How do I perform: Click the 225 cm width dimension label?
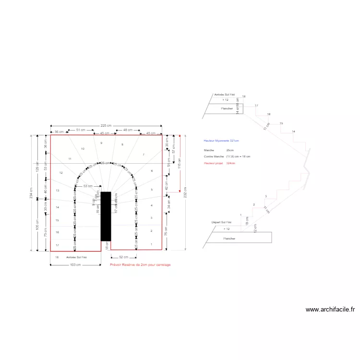[x=106, y=126]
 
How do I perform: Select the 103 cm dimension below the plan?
[x=75, y=264]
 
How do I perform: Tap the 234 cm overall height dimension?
[x=32, y=192]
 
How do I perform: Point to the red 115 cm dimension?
[x=180, y=163]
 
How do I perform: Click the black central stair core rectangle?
[x=106, y=216]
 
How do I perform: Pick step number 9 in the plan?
[x=101, y=143]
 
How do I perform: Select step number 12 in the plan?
[x=61, y=173]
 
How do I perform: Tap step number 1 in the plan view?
[x=152, y=245]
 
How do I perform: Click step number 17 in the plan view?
[x=57, y=245]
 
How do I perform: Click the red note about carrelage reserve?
[x=140, y=264]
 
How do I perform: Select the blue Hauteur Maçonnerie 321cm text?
[x=221, y=141]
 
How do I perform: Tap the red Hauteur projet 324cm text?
[x=219, y=163]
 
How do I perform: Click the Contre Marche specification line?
[x=227, y=156]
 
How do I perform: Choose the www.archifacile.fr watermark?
[x=330, y=310]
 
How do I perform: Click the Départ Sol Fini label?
[x=221, y=222]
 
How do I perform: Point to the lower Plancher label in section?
[x=229, y=238]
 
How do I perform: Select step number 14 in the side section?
[x=293, y=132]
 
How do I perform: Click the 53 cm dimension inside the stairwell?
[x=88, y=186]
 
